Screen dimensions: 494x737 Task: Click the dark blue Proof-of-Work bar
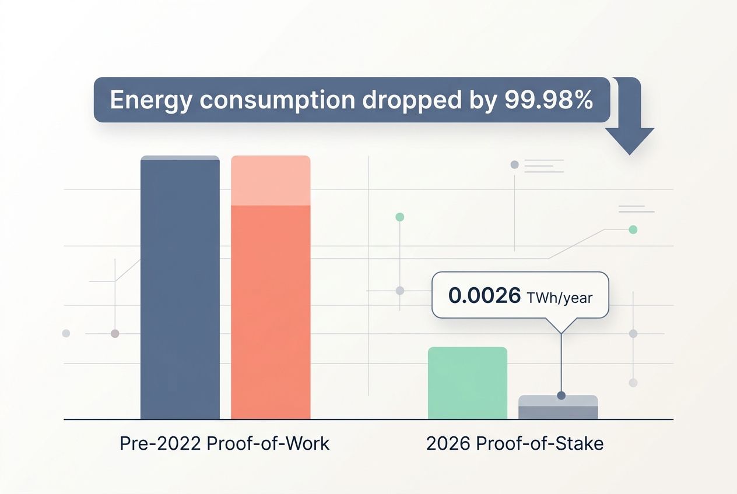coord(180,288)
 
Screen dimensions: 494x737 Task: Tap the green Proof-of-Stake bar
coord(468,383)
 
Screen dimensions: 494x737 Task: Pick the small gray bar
coord(558,408)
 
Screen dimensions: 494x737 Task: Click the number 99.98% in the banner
coord(546,100)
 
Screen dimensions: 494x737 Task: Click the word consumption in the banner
coord(277,100)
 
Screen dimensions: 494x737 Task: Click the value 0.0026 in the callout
coord(485,296)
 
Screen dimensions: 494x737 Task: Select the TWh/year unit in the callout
coord(559,298)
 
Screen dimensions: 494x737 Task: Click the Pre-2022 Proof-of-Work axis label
coord(224,443)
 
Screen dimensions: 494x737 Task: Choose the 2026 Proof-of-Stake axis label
coord(514,443)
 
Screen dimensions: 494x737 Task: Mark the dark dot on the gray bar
coord(561,396)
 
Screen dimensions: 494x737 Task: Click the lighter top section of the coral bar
coord(271,181)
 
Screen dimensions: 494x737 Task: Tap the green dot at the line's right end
coord(633,230)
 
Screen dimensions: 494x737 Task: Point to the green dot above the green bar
coord(399,217)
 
